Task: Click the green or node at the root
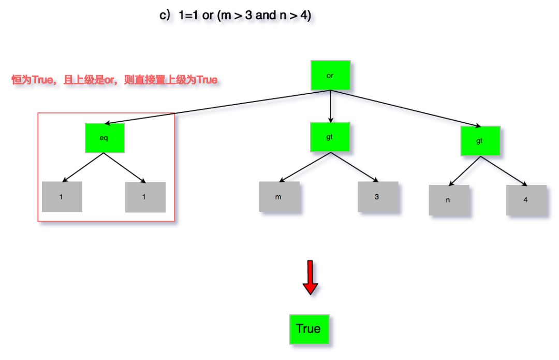click(x=330, y=75)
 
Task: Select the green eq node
click(x=105, y=138)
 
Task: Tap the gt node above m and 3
click(x=330, y=137)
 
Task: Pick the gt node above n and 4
click(x=480, y=140)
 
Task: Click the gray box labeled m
click(x=279, y=197)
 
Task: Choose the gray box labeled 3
click(x=378, y=197)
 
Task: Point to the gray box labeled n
click(x=449, y=200)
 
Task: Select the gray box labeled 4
click(x=526, y=199)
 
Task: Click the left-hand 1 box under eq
click(x=62, y=197)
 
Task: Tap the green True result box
click(x=308, y=329)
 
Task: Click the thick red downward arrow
click(x=310, y=277)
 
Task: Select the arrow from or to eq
click(x=217, y=107)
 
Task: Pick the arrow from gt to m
click(x=302, y=167)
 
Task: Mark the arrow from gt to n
click(x=463, y=170)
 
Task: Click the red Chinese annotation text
click(x=114, y=80)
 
